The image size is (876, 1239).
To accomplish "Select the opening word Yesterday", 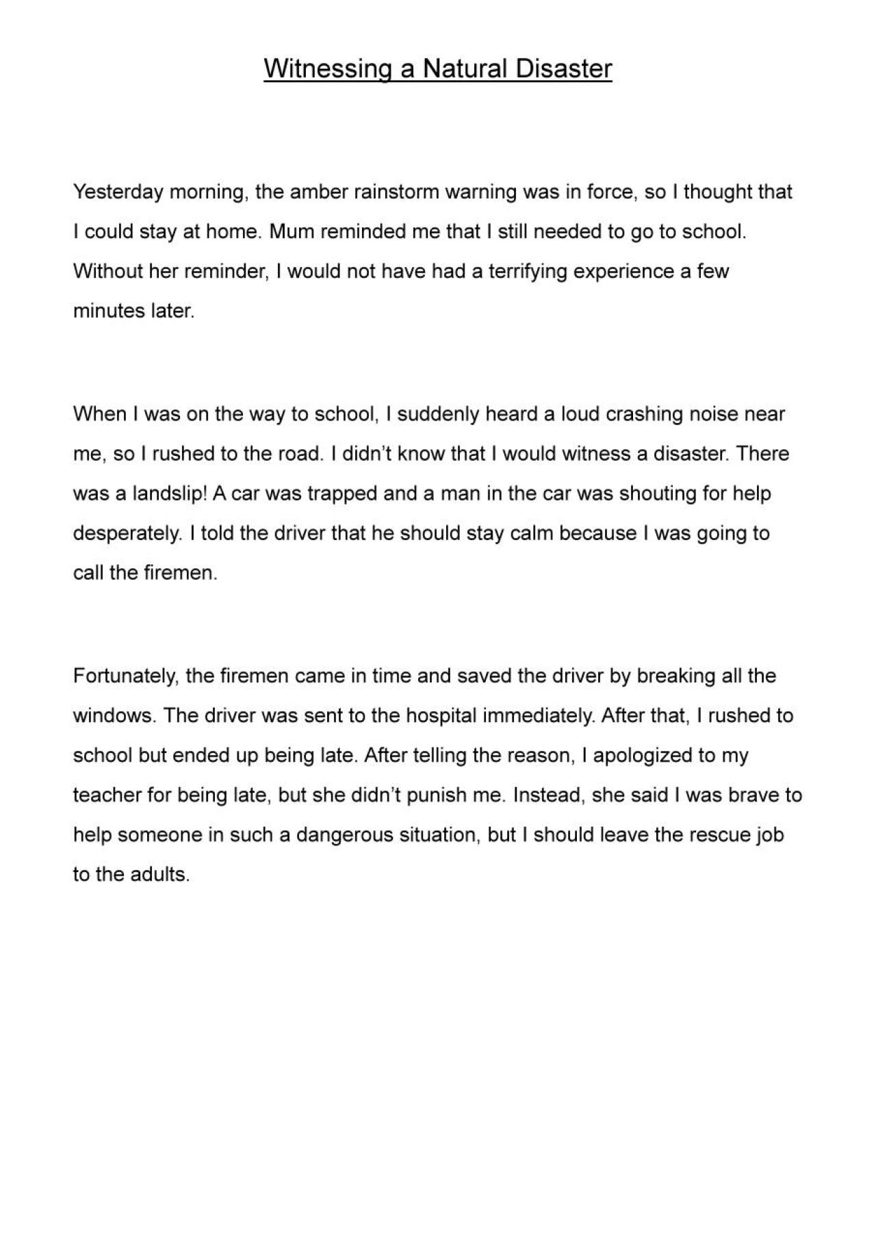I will (118, 192).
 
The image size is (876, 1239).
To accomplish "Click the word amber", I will (319, 192).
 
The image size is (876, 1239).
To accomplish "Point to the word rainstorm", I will (396, 192).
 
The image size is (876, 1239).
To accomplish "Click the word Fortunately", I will (125, 676).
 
